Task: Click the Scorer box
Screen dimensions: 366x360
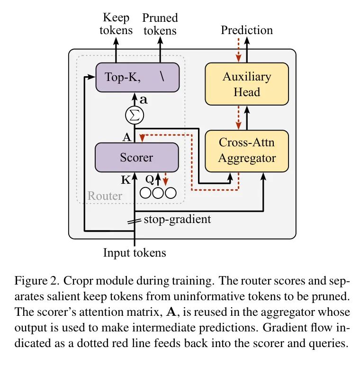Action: point(137,157)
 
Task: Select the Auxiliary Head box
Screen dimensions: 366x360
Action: point(247,84)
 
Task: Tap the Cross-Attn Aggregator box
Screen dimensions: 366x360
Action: point(247,150)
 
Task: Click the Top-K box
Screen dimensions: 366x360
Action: point(138,77)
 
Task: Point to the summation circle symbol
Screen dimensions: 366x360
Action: point(135,115)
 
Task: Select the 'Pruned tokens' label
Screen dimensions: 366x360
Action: point(160,24)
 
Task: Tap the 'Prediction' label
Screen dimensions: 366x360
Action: point(247,30)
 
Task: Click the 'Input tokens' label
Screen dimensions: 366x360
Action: point(135,252)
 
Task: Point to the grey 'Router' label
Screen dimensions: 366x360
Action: point(105,196)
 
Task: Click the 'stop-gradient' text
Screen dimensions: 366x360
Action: point(177,219)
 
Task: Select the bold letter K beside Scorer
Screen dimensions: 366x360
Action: point(126,180)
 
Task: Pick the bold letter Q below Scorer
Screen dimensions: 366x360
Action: point(149,180)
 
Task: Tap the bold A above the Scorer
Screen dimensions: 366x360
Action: point(126,137)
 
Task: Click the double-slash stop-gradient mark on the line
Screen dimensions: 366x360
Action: point(135,221)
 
